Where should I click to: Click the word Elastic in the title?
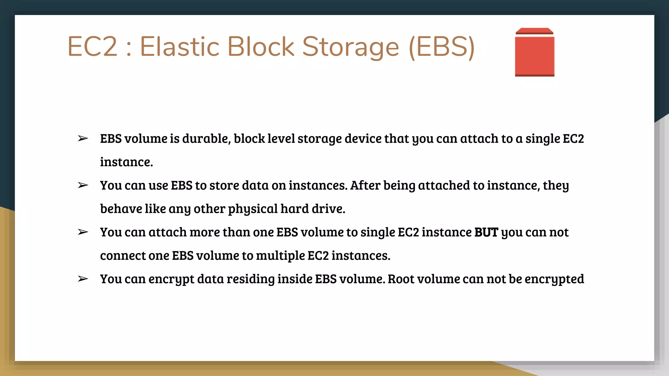coord(179,46)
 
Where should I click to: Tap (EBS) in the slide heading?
coord(442,47)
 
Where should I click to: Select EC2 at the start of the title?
coord(92,46)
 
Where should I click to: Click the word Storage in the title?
coord(351,47)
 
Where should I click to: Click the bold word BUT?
coord(486,232)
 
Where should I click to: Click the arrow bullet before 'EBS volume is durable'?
coord(83,139)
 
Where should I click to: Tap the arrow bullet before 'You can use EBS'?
coord(83,185)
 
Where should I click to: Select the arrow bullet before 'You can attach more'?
coord(83,232)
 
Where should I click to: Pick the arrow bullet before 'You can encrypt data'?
coord(83,279)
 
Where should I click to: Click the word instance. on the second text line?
coord(126,162)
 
